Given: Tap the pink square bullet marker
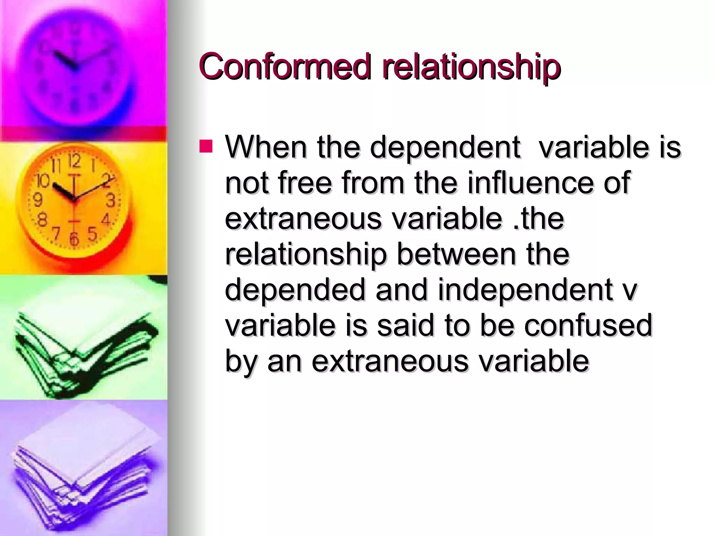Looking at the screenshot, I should (206, 147).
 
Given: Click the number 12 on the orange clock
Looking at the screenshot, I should (74, 161).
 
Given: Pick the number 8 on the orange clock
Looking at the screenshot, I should (42, 220).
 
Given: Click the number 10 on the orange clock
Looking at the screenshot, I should (43, 181).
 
